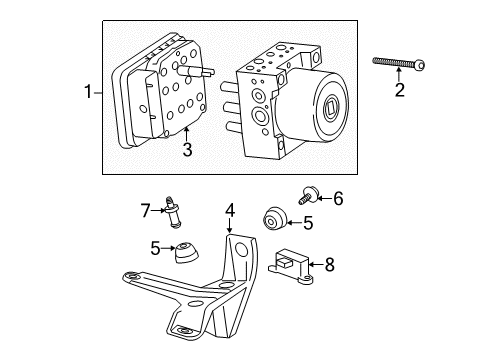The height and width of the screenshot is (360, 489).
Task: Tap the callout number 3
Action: coord(186,151)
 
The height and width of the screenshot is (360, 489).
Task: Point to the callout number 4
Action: coord(230,211)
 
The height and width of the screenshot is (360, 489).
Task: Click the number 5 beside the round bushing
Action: coord(308,223)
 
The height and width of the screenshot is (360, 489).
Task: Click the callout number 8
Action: coord(329,266)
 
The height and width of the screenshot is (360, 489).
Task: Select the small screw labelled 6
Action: coord(305,195)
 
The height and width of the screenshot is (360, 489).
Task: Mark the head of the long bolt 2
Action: coord(421,66)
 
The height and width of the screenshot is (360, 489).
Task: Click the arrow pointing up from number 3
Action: coord(186,134)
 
